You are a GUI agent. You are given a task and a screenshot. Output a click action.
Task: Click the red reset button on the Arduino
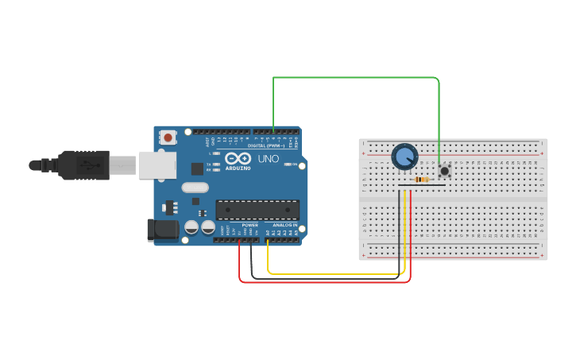tap(168, 137)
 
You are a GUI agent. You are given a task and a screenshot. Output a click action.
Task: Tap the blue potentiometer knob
tap(404, 157)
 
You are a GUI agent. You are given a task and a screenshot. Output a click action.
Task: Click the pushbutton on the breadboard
tap(444, 171)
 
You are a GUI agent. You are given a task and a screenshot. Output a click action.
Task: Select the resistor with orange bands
tap(421, 180)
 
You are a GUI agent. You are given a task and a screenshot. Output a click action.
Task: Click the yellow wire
tap(334, 274)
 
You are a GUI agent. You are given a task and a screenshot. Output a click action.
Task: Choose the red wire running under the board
tap(326, 282)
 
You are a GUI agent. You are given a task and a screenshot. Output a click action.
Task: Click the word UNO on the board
tap(269, 158)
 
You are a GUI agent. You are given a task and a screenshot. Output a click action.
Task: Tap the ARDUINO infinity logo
tap(238, 158)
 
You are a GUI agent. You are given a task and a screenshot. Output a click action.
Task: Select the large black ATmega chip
tap(257, 210)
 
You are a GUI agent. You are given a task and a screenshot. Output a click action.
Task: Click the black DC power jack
tap(163, 230)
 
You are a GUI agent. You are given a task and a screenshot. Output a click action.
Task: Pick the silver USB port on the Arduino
tap(157, 165)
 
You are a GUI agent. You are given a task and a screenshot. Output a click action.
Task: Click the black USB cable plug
tap(83, 165)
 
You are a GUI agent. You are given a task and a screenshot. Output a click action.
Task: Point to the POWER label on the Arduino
tap(249, 225)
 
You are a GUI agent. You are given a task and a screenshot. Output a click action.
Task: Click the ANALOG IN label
tap(285, 225)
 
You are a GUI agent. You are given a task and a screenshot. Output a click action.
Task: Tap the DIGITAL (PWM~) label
tap(266, 145)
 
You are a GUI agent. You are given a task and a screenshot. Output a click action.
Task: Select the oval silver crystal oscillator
tap(195, 188)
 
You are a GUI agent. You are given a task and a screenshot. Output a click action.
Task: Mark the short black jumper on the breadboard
tap(421, 185)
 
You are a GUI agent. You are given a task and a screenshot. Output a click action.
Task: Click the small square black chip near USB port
tap(197, 168)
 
